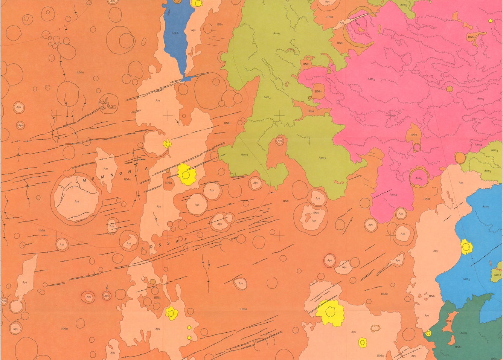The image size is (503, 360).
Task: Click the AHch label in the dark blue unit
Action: coord(175,33)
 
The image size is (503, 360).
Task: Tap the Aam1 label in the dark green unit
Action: coord(463,333)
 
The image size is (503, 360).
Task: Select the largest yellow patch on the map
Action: coord(330,313)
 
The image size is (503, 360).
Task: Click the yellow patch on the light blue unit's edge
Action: coord(466,247)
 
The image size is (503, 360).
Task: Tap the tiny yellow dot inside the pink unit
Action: coord(490,21)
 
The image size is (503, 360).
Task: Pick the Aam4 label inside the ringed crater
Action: coord(419,178)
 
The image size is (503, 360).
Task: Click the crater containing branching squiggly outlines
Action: coord(108,104)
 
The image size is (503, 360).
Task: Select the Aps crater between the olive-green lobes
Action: coord(279,141)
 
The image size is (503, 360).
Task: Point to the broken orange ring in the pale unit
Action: coord(375,328)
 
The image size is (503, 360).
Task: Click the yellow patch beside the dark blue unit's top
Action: coord(197,3)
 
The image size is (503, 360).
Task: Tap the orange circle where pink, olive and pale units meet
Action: coord(460,158)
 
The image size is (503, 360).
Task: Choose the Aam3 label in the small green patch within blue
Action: coord(497,275)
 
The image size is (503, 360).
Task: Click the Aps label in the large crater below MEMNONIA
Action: coord(77,201)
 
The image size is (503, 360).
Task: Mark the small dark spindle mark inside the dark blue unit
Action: coord(168,14)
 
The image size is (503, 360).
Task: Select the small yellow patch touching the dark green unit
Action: coord(428,333)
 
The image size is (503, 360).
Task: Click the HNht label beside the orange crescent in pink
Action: coord(471,37)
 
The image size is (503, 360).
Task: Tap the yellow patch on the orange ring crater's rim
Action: coord(168,143)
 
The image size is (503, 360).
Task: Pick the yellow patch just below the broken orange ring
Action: coord(363,342)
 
